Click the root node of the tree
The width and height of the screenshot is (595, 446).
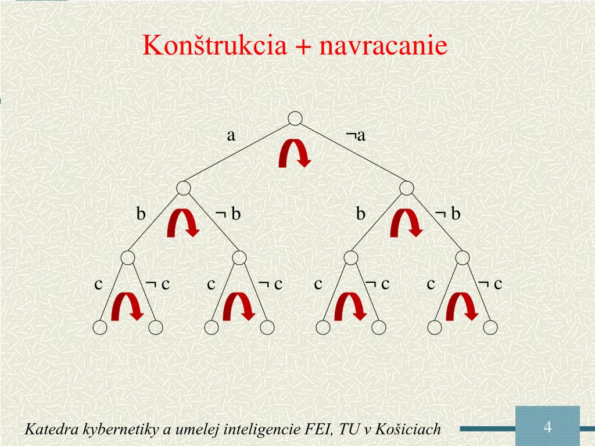[295, 118]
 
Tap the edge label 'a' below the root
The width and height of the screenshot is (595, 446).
[231, 136]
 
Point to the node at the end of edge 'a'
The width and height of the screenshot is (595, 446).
[184, 188]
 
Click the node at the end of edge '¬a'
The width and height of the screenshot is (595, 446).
[407, 188]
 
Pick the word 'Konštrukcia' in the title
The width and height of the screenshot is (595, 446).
[215, 46]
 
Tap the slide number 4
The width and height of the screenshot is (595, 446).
[547, 427]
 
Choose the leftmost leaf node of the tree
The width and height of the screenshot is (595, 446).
[100, 328]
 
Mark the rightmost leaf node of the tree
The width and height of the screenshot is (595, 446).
[490, 328]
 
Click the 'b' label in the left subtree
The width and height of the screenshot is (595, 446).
[141, 214]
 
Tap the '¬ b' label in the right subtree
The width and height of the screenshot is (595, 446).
[447, 214]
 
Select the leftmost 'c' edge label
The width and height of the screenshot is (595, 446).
[99, 284]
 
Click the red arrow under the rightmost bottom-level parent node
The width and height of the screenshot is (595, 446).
[463, 306]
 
